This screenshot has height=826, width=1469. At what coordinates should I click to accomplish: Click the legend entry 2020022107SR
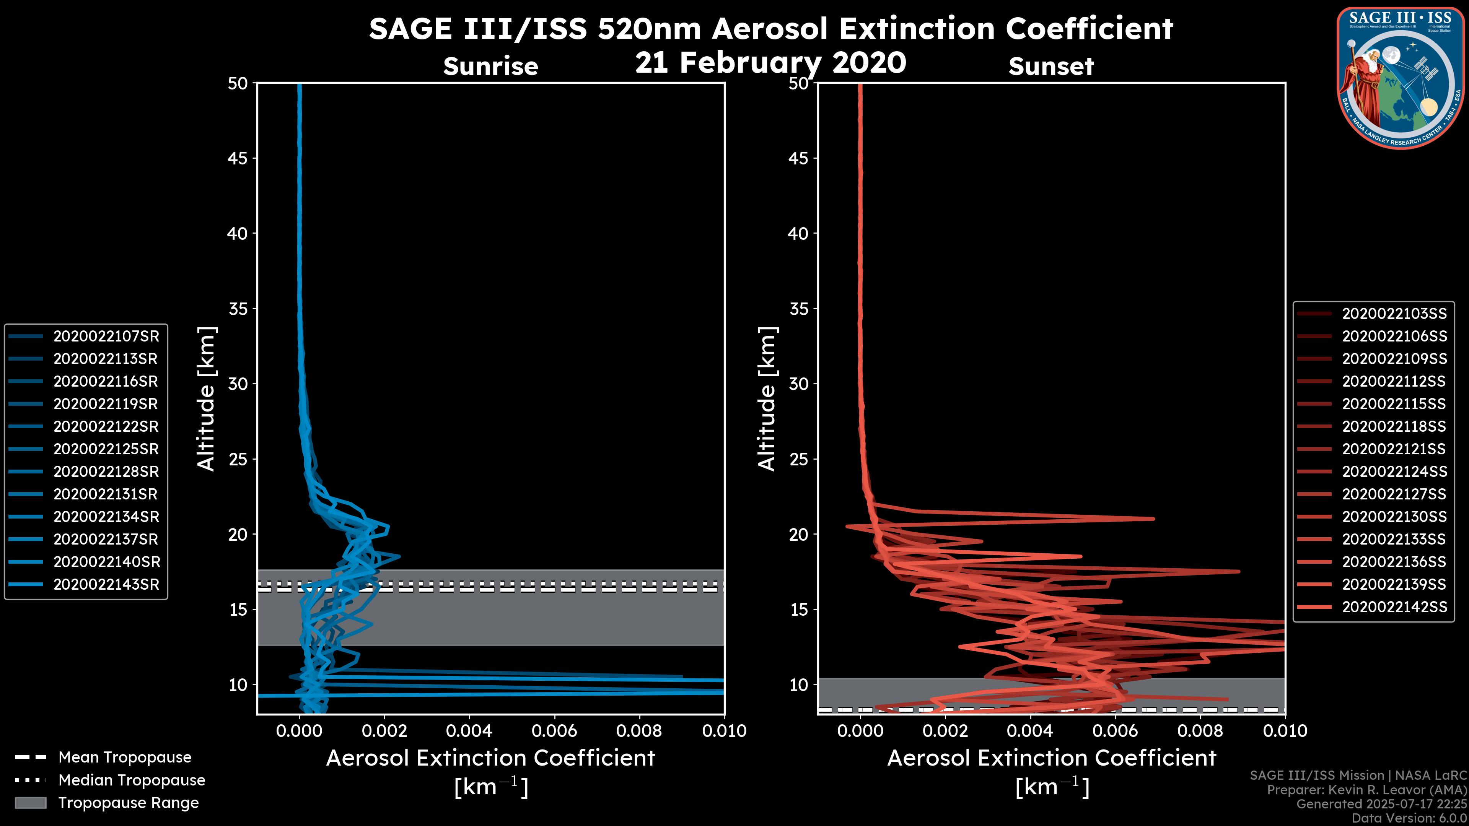coord(106,337)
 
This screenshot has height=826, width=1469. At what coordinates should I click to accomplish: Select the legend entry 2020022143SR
coord(106,584)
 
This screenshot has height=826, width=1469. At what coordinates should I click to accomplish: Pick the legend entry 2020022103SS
coord(1394,314)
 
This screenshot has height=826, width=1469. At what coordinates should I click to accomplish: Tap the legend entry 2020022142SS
coord(1394,607)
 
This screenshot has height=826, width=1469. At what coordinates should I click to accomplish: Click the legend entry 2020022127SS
coord(1394,494)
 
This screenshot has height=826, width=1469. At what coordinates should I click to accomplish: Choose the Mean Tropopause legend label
coord(125,757)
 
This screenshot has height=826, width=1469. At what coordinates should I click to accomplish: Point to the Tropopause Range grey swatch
coord(31,803)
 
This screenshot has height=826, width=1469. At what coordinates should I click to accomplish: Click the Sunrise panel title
coord(490,66)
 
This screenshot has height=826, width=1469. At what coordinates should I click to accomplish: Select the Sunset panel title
coord(1051,66)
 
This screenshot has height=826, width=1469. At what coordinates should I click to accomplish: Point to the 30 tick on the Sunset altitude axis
coord(799,384)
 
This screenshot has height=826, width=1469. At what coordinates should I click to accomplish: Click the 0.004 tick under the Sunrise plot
coord(469,731)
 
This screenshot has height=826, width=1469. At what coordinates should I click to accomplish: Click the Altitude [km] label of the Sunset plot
coord(767,398)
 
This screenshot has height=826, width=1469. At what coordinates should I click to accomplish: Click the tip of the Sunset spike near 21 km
coord(1153,519)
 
